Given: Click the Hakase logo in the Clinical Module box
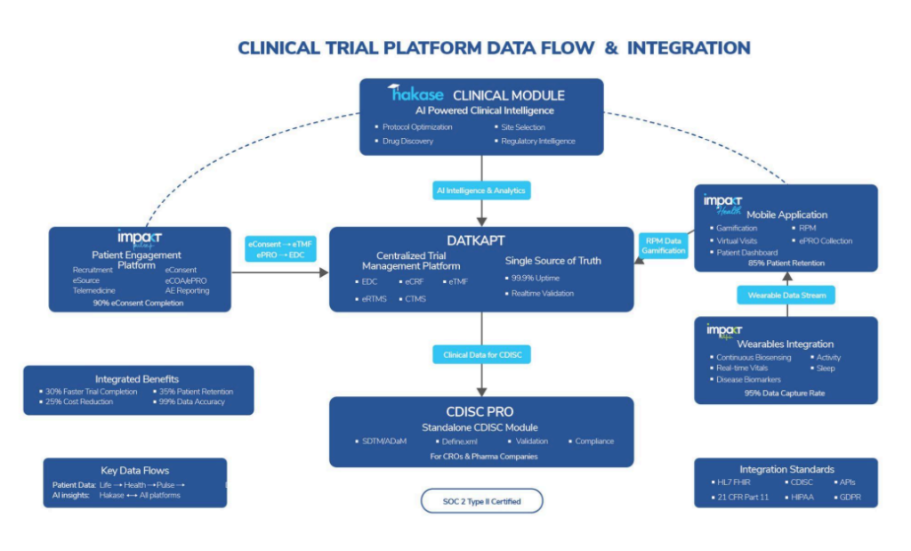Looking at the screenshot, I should tap(416, 93).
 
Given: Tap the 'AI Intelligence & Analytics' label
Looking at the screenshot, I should tap(481, 190).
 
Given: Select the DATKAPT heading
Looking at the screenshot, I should tap(481, 240).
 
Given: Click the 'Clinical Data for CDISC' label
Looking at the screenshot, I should tap(481, 355).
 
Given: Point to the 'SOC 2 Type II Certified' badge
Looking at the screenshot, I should tap(481, 501).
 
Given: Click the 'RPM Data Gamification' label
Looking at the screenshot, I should tap(665, 245).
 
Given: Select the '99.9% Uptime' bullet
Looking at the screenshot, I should tap(536, 279).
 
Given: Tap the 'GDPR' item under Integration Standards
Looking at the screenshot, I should tap(849, 498).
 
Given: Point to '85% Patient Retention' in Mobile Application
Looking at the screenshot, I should tap(785, 263).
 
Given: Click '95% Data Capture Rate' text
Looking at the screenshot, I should tap(785, 393).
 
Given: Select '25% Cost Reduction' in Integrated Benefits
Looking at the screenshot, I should tap(79, 401).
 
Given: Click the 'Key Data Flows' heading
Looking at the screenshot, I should tap(134, 470).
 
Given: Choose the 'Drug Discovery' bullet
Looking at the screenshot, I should tap(407, 141).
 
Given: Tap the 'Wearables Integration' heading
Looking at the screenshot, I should tap(785, 344).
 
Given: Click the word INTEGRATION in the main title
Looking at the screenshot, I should tap(689, 48).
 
